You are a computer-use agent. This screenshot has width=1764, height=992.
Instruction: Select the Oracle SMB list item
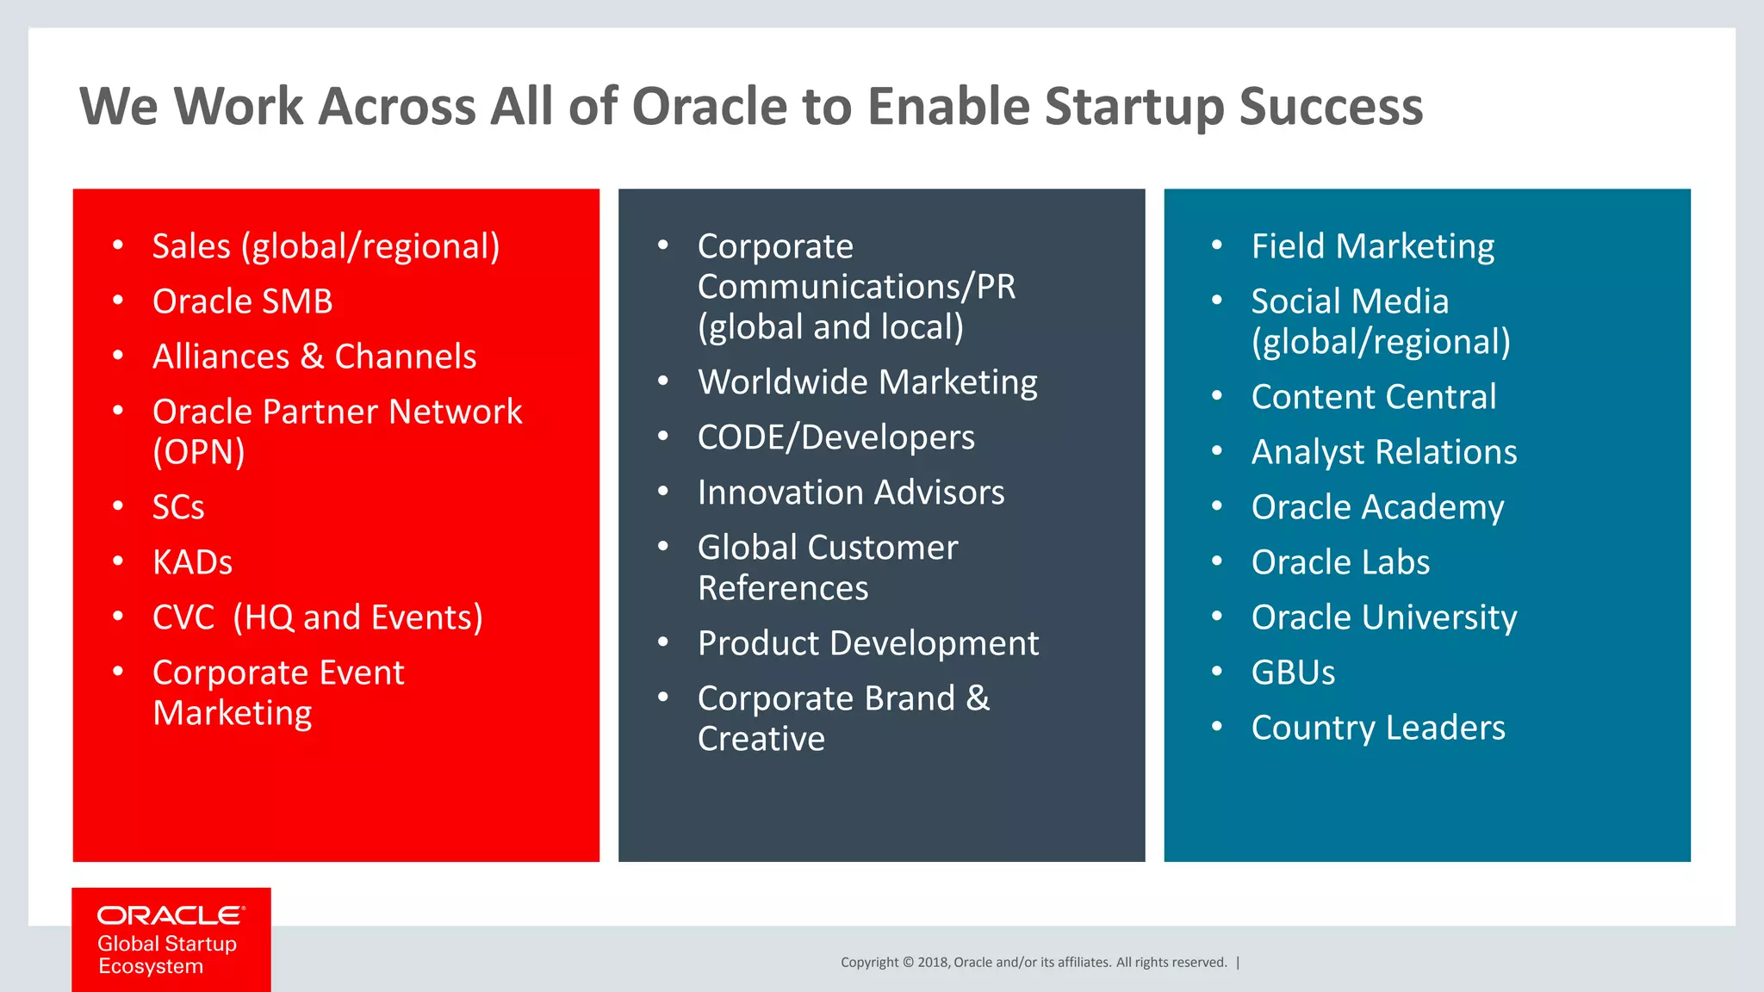(242, 301)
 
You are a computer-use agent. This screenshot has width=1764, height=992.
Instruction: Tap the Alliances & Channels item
(314, 356)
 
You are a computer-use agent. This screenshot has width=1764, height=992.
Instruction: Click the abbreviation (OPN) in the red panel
(199, 452)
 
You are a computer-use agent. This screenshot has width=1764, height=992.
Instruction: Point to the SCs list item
(178, 507)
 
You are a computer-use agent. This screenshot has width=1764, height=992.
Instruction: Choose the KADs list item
(192, 562)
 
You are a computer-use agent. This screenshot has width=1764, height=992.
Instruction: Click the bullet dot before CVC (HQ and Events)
(118, 617)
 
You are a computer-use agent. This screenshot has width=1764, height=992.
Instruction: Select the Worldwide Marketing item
(867, 382)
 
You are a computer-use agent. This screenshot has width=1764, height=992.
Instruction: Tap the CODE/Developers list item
(835, 437)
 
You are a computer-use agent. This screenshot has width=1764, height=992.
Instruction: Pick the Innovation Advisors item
(851, 493)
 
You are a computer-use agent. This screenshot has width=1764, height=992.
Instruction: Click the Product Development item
(867, 643)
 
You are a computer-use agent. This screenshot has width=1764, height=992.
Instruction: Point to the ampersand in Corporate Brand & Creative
(978, 698)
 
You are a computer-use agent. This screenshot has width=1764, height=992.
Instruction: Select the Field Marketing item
(1372, 246)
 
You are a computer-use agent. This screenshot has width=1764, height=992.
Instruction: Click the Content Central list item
(1373, 397)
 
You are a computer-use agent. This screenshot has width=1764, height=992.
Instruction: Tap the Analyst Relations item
(1383, 452)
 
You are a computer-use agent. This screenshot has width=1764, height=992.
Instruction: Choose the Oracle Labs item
(1340, 562)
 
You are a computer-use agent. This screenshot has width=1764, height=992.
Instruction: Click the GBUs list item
(1293, 673)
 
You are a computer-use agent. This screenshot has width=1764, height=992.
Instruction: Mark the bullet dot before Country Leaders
(1217, 727)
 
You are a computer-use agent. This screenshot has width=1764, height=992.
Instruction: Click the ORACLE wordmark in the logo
(171, 915)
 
